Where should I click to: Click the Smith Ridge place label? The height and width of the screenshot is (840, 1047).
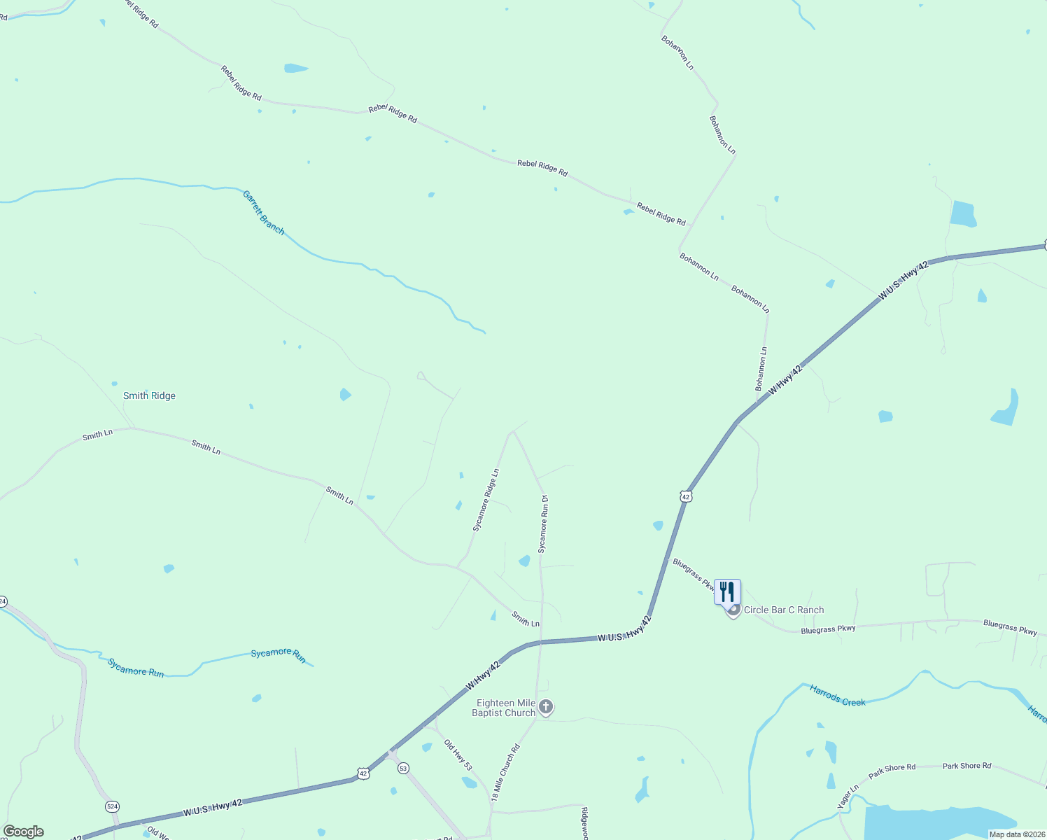(x=149, y=395)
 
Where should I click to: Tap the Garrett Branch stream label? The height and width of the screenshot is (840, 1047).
(x=263, y=212)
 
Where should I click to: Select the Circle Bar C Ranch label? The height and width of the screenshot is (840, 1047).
(x=783, y=610)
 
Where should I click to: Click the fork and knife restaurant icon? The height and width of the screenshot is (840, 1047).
(x=727, y=591)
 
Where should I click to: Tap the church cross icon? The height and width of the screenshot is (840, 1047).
(x=546, y=707)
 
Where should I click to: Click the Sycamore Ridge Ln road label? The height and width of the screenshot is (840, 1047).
(x=486, y=500)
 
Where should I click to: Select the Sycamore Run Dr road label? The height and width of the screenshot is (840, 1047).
(x=543, y=524)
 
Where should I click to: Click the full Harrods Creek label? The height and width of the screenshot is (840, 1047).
(x=837, y=696)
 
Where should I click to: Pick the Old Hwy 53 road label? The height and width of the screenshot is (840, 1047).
(x=458, y=755)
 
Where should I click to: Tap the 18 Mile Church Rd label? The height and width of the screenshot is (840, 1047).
(x=506, y=772)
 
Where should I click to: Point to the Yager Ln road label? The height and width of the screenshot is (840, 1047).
(x=848, y=797)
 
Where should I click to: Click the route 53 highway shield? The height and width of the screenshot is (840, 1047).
(x=403, y=769)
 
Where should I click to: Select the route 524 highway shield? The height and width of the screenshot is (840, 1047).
(x=112, y=806)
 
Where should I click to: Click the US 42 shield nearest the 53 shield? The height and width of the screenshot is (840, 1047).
(x=363, y=773)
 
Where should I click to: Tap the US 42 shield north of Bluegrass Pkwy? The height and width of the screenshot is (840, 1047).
(x=686, y=496)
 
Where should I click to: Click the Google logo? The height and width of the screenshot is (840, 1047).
(x=24, y=832)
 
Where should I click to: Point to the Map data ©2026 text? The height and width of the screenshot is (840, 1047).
(x=1017, y=834)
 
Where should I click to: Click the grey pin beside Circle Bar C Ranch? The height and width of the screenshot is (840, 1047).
(x=733, y=610)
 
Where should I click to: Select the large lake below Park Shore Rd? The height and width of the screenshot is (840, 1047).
(x=938, y=822)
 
